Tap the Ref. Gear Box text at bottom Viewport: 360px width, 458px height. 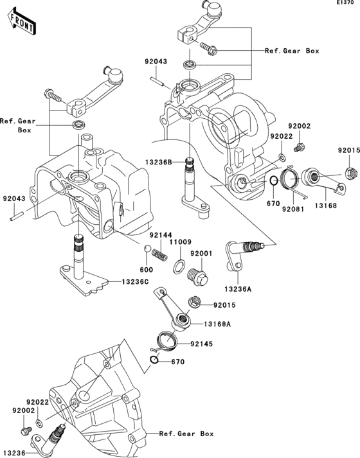tap(186, 434)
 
